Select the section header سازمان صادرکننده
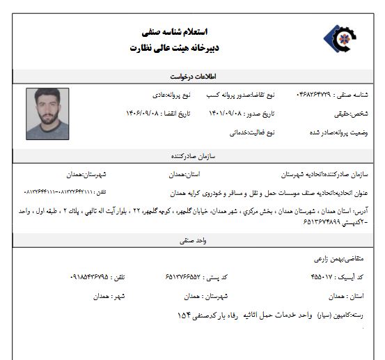(187, 156)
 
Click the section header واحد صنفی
(187, 240)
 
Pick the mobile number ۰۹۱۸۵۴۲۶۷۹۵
(95, 277)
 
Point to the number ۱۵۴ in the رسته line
(184, 315)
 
